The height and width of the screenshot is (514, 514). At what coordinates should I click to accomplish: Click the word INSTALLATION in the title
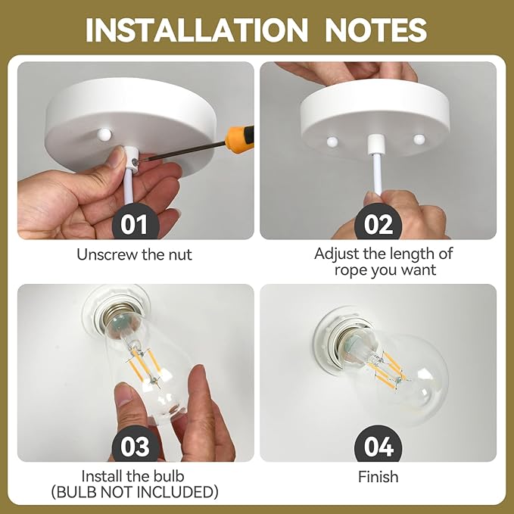(x=197, y=30)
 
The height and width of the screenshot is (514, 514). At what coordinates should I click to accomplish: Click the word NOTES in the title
(x=376, y=30)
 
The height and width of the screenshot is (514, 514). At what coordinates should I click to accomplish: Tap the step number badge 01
(x=136, y=223)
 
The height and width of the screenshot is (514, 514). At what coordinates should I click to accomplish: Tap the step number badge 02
(x=378, y=223)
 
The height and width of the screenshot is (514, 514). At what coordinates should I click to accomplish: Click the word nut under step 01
(x=180, y=255)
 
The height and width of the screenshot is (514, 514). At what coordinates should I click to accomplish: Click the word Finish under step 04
(x=378, y=477)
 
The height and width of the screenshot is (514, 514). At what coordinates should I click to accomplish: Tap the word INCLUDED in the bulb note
(x=177, y=492)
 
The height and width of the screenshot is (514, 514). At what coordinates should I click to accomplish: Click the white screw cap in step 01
(x=104, y=133)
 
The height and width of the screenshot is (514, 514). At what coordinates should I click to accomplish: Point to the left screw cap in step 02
(x=332, y=142)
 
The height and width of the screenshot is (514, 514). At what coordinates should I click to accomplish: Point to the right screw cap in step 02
(x=419, y=139)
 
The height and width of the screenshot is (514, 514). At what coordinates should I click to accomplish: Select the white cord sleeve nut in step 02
(x=374, y=144)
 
